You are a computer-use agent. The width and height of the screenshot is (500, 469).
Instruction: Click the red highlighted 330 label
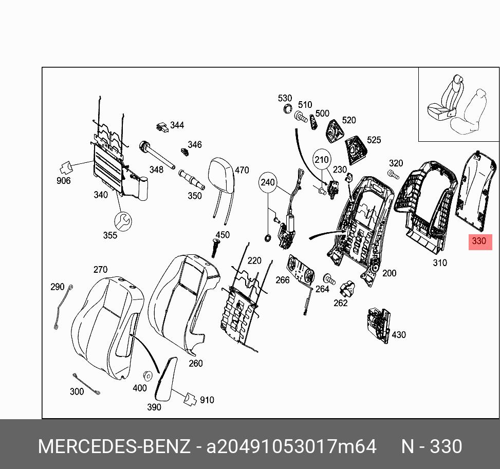pyautogui.click(x=478, y=241)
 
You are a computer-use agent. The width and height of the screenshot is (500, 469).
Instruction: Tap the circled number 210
pyautogui.click(x=321, y=160)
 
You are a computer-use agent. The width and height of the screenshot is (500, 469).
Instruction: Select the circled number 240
pyautogui.click(x=268, y=182)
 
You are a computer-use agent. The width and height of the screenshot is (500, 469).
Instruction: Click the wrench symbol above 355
pyautogui.click(x=123, y=221)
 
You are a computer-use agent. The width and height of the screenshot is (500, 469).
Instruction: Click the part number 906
pyautogui.click(x=63, y=180)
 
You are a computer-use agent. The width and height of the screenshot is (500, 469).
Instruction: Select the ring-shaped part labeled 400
pyautogui.click(x=147, y=376)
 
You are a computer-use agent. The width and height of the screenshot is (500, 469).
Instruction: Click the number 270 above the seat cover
pyautogui.click(x=100, y=269)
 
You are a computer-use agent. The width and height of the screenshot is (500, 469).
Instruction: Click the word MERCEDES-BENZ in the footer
pyautogui.click(x=114, y=446)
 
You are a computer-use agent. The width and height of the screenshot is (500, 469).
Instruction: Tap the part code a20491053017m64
pyautogui.click(x=291, y=446)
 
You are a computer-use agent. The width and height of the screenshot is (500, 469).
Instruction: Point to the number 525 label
pyautogui.click(x=374, y=140)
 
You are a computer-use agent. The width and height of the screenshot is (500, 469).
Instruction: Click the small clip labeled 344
pyautogui.click(x=162, y=126)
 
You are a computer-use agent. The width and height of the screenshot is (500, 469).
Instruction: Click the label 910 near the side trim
pyautogui.click(x=207, y=400)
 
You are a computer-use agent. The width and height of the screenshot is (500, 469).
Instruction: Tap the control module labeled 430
pyautogui.click(x=379, y=323)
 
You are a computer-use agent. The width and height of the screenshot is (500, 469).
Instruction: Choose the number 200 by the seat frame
pyautogui.click(x=389, y=273)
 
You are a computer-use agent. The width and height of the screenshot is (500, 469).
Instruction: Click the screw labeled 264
pyautogui.click(x=328, y=279)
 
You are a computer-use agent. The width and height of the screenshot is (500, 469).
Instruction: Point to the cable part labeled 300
pyautogui.click(x=86, y=384)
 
